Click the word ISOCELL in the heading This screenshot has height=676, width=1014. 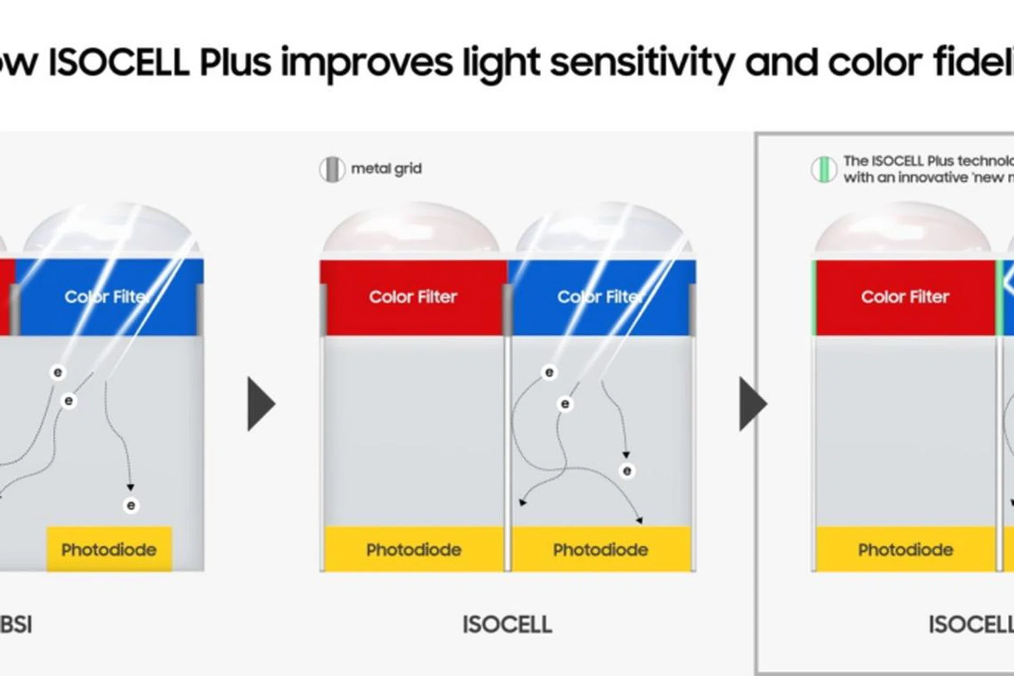coord(119,62)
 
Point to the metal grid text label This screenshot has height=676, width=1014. coord(386,169)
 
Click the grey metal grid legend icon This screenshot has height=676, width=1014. coord(332,170)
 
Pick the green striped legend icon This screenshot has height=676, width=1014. coord(823,170)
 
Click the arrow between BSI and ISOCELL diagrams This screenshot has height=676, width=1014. coord(261,403)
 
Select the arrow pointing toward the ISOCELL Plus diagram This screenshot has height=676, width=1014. coord(753,403)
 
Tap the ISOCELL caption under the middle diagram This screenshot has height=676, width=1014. coord(507,624)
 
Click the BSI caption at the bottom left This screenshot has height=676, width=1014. coord(16,624)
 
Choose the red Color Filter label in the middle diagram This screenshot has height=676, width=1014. coord(413,297)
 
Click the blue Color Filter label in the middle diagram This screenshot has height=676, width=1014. coord(600,297)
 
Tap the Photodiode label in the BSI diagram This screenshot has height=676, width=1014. coord(109,550)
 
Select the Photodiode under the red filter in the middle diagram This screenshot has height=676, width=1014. coord(414,550)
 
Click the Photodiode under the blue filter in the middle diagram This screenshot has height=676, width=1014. coord(600,550)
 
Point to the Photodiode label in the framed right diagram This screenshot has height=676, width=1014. coord(905,550)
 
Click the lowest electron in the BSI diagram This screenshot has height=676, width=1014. coord(131,505)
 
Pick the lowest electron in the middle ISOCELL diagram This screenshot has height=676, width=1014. coord(627,471)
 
